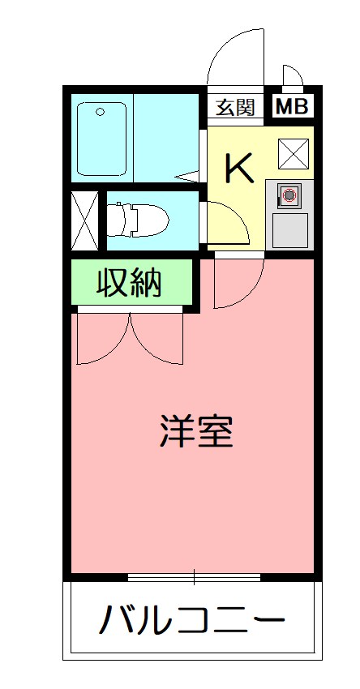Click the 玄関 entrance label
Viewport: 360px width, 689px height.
click(236, 106)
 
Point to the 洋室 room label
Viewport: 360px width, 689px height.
click(196, 432)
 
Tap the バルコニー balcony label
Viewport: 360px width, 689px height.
click(192, 622)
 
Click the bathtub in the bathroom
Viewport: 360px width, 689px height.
click(102, 139)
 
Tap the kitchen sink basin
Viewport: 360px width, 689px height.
click(289, 229)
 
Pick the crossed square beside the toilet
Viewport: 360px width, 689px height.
click(85, 220)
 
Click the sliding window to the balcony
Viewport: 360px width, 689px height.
click(194, 577)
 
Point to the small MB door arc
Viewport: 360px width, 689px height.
click(293, 75)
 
